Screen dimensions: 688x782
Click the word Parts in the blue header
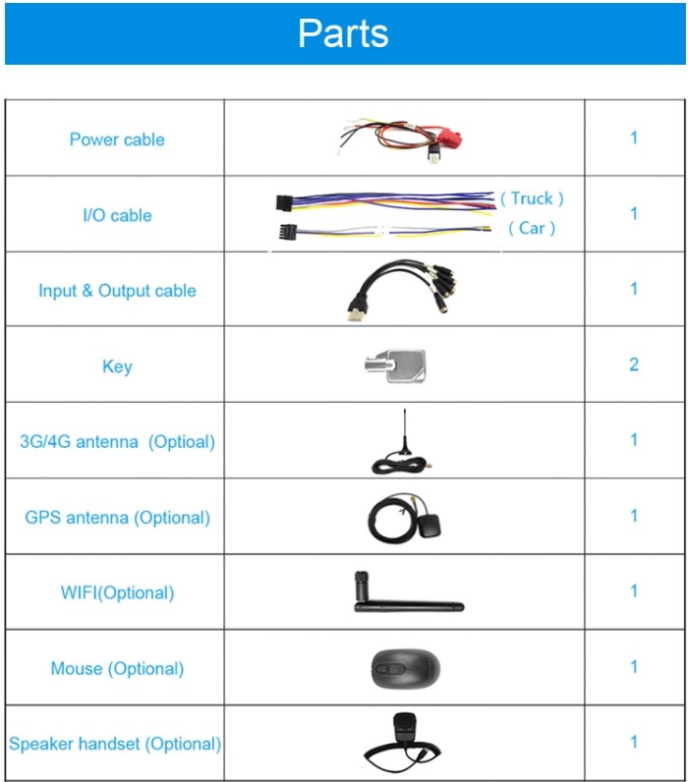click(343, 33)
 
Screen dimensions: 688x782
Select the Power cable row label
click(117, 140)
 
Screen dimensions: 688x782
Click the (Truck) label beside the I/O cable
click(532, 198)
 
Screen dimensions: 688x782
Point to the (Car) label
click(532, 229)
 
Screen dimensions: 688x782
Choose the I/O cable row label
click(117, 215)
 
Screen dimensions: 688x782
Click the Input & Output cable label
click(117, 291)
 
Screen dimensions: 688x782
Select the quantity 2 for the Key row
click(634, 364)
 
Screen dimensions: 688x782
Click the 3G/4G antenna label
click(79, 442)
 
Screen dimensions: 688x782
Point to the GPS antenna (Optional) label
click(117, 518)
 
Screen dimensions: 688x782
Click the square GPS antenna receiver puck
click(430, 526)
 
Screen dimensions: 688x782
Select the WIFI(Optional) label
click(117, 593)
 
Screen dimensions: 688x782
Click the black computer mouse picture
click(406, 668)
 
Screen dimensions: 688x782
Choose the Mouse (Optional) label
click(117, 669)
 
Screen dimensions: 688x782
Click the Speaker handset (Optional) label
click(115, 744)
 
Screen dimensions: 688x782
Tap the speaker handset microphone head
click(404, 729)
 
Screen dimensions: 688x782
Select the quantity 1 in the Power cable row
click(634, 138)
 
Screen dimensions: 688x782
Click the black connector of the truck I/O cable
click(284, 202)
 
